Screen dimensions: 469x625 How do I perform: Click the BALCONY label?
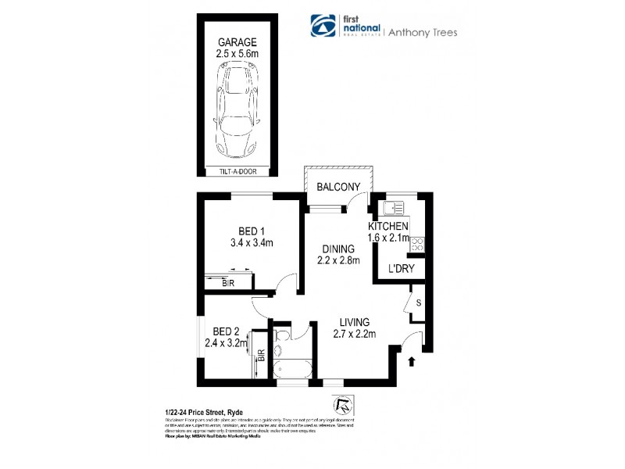[x=338, y=187]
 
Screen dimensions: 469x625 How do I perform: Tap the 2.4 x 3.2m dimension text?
[x=225, y=342]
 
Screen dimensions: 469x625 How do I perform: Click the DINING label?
[x=337, y=249]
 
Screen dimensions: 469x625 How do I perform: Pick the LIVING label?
[x=354, y=322]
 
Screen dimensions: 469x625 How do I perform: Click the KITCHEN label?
[x=388, y=227]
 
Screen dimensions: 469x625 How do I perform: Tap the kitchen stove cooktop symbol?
[x=417, y=243]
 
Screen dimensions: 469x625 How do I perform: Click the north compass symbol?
[x=341, y=405]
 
